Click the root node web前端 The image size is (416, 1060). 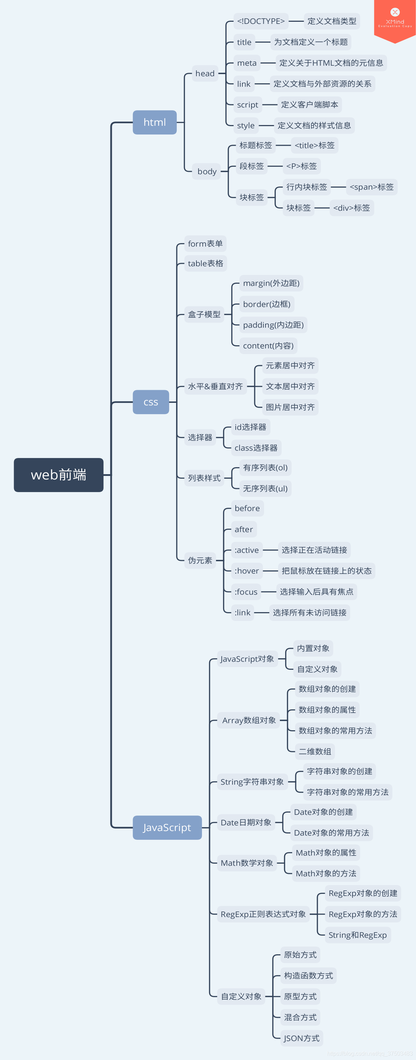coord(58,475)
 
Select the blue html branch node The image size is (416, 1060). coord(155,122)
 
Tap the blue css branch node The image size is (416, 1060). coord(151,402)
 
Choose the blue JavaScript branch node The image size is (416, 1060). coord(167,827)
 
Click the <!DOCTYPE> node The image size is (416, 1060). coord(261,21)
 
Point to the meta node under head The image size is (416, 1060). coord(247,63)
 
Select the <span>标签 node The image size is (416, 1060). coord(371,187)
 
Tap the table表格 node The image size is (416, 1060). coord(206,263)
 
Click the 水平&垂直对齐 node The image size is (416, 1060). coord(215,386)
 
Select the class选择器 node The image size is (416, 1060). coord(256,448)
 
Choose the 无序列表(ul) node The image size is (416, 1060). coord(265,489)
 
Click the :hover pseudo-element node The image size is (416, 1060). coord(247,571)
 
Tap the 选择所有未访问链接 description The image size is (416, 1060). coord(309,613)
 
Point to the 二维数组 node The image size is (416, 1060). coord(315,751)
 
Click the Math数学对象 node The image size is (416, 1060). coord(247,863)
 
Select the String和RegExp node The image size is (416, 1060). coord(358,935)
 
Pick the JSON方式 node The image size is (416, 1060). coord(301,1038)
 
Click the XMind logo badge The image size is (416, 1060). coord(395,19)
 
